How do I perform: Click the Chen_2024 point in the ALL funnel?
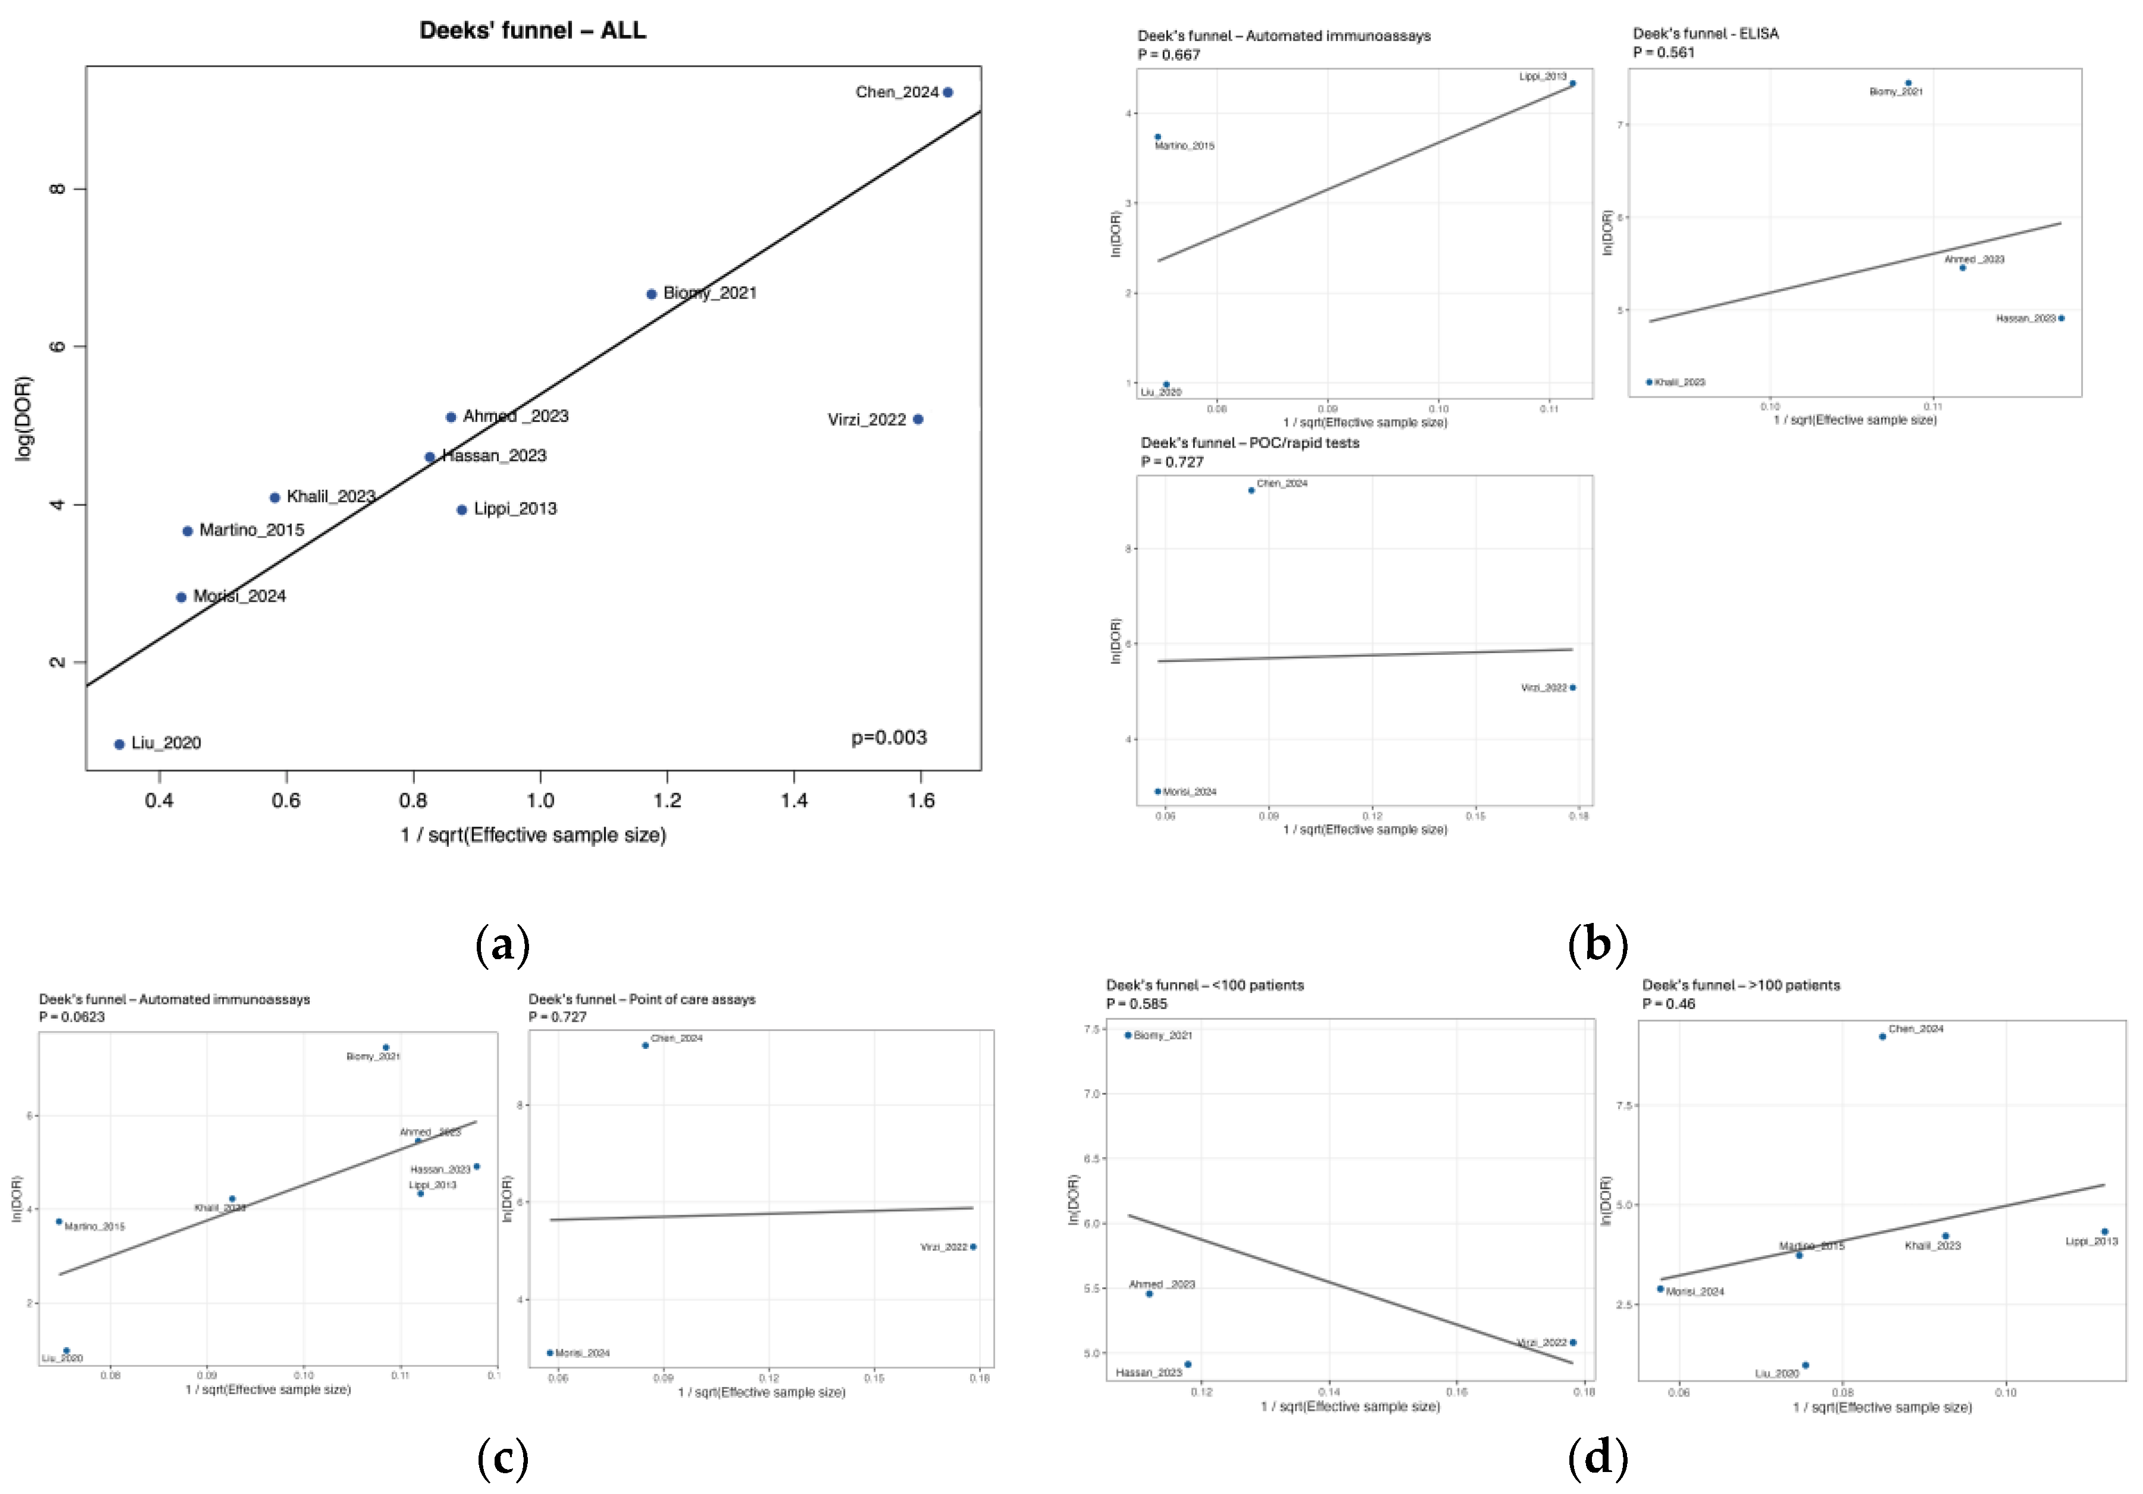pos(948,92)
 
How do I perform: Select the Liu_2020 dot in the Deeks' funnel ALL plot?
pos(119,744)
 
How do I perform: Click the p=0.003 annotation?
pos(889,737)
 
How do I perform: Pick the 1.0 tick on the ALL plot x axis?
pos(540,800)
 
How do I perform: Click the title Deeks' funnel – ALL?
pos(532,31)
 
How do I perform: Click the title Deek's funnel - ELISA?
pos(1705,34)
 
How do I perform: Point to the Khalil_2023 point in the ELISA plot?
pos(1649,382)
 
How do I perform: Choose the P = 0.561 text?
pos(1663,52)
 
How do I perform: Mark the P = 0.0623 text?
pos(72,1016)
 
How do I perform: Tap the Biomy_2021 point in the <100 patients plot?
pos(1128,1035)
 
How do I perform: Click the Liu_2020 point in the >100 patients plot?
pos(1805,1365)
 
